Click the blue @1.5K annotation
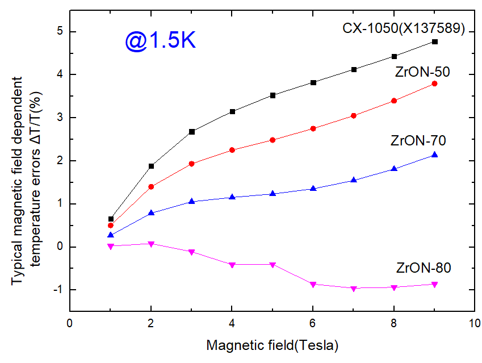point(161,42)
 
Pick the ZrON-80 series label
point(424,268)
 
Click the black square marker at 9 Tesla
point(435,41)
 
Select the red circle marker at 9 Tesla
point(435,84)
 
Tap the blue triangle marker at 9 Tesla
point(435,155)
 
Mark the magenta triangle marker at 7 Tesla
point(354,289)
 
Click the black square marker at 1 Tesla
point(111,219)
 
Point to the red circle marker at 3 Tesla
point(192,164)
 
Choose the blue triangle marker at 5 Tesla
point(273,194)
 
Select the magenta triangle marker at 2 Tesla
point(151,244)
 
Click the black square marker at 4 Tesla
point(232,111)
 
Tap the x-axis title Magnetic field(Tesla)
point(272,345)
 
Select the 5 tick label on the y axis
point(59,32)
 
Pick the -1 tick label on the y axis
point(57,290)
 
